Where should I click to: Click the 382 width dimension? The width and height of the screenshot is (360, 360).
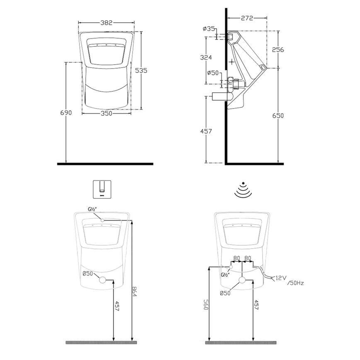point(107,23)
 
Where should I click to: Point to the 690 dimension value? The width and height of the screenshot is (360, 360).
point(66,112)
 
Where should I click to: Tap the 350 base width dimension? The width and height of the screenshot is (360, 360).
point(107,114)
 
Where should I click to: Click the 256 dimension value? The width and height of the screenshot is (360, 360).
point(277,49)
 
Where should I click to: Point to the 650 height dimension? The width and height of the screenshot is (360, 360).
point(277,115)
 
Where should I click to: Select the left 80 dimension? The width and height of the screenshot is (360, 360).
point(236,258)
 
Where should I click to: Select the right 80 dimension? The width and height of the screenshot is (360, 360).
point(248,258)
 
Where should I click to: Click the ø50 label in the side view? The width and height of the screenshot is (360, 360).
point(213,73)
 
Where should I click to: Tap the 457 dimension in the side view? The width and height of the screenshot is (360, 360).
point(206,131)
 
